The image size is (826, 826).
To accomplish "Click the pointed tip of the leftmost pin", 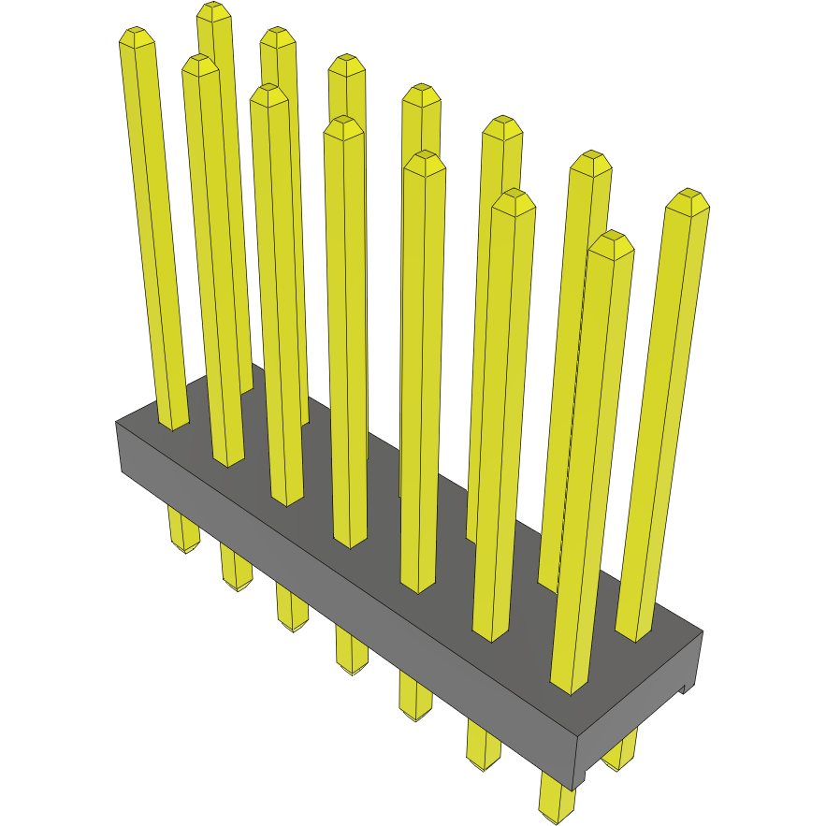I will [x=137, y=36].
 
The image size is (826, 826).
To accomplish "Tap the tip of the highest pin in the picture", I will [x=214, y=11].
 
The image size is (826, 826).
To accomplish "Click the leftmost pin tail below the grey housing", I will [x=183, y=531].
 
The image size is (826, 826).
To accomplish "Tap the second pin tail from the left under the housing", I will [x=237, y=569].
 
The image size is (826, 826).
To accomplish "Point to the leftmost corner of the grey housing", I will [x=117, y=423].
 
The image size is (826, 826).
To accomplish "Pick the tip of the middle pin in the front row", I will [x=343, y=126].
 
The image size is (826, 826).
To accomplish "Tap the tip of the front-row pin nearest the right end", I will [x=612, y=241].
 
